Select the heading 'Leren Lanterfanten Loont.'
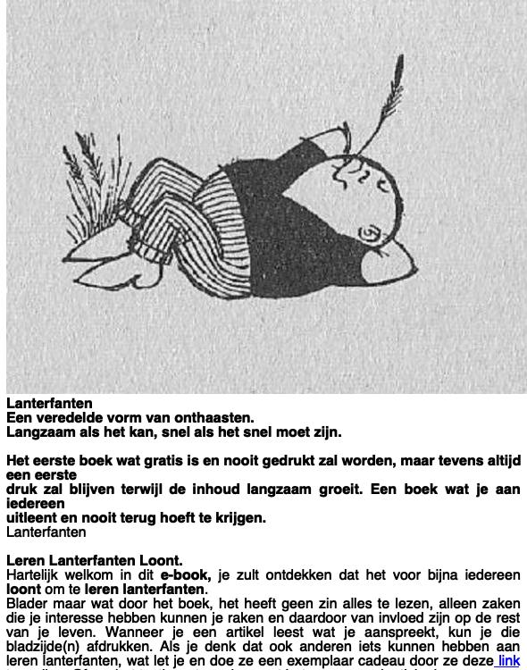(94, 561)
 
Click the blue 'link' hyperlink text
(508, 661)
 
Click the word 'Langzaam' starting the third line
(38, 431)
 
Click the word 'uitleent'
(34, 518)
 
